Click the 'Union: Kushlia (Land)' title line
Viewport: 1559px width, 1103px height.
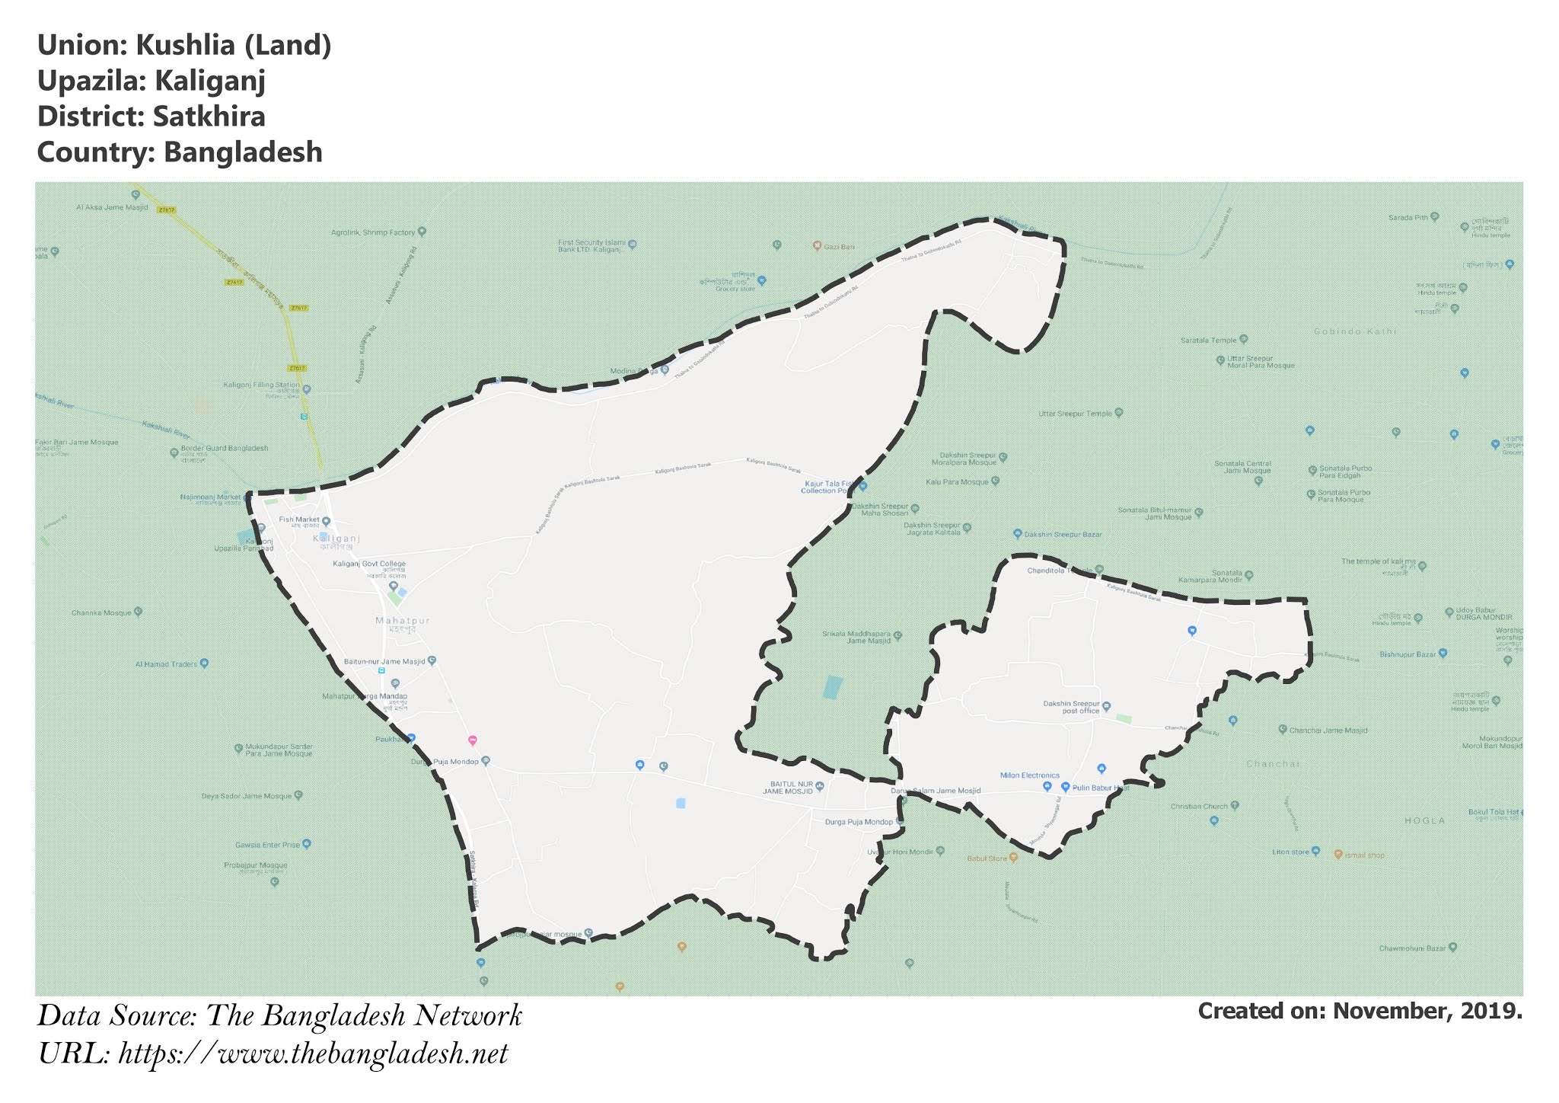click(184, 46)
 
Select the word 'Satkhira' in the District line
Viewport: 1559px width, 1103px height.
click(209, 117)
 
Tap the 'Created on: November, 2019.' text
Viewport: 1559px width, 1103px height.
click(1360, 1011)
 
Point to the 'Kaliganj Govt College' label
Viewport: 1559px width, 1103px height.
click(369, 564)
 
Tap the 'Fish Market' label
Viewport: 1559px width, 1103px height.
click(299, 520)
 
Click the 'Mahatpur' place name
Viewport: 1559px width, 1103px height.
click(402, 621)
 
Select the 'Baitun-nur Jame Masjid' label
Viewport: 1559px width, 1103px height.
click(384, 661)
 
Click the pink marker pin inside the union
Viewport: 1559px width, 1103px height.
click(472, 740)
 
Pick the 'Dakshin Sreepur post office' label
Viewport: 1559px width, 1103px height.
click(1071, 707)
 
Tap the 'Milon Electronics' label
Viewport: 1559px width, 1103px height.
click(1029, 775)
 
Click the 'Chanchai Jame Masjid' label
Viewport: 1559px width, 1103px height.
click(1328, 730)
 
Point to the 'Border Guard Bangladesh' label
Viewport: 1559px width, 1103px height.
click(224, 449)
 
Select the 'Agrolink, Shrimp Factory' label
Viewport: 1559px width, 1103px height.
click(374, 232)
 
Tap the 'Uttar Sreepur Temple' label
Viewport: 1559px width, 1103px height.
click(1075, 414)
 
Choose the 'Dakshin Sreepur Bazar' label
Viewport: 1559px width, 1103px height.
click(1063, 535)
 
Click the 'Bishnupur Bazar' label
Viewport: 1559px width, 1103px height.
click(1408, 654)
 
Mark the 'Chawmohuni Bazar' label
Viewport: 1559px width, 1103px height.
click(1412, 948)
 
